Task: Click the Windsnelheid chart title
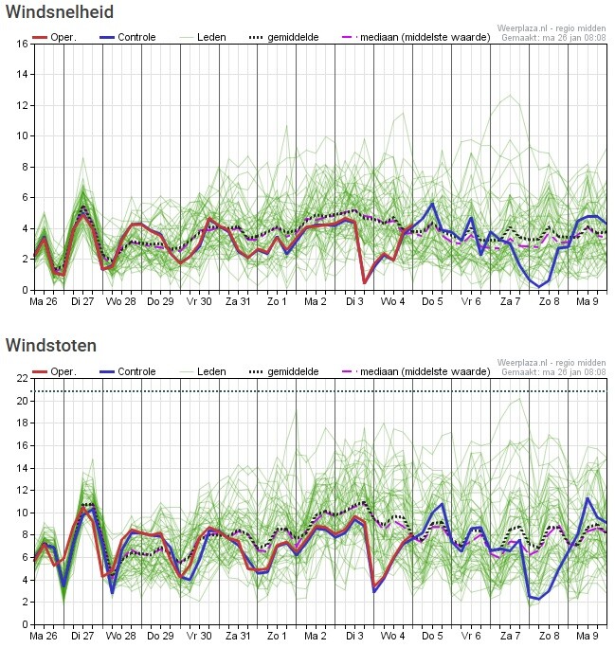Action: tap(60, 11)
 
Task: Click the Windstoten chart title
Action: tap(51, 346)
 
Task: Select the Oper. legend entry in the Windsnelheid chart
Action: tap(55, 37)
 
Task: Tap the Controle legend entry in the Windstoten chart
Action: tap(128, 371)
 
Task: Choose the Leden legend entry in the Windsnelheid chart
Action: tap(204, 37)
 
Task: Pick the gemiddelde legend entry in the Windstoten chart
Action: tap(284, 371)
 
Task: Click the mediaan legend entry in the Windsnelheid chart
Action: tap(416, 37)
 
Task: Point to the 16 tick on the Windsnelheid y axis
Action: tap(23, 44)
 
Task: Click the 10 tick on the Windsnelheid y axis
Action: tap(23, 136)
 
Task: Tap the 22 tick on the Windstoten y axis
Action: tap(23, 379)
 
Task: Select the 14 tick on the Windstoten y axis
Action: tap(23, 468)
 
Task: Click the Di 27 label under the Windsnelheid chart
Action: tap(82, 301)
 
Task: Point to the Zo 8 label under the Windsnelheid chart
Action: tap(549, 301)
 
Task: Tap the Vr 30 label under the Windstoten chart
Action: tap(199, 636)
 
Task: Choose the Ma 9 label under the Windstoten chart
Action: tap(588, 636)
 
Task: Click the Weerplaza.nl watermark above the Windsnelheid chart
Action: tap(552, 28)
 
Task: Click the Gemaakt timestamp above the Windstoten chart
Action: tap(553, 372)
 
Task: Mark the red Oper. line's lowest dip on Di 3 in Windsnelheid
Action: tap(365, 283)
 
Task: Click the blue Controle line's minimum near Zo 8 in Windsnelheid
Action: tap(539, 286)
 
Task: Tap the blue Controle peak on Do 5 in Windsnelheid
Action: tap(432, 204)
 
